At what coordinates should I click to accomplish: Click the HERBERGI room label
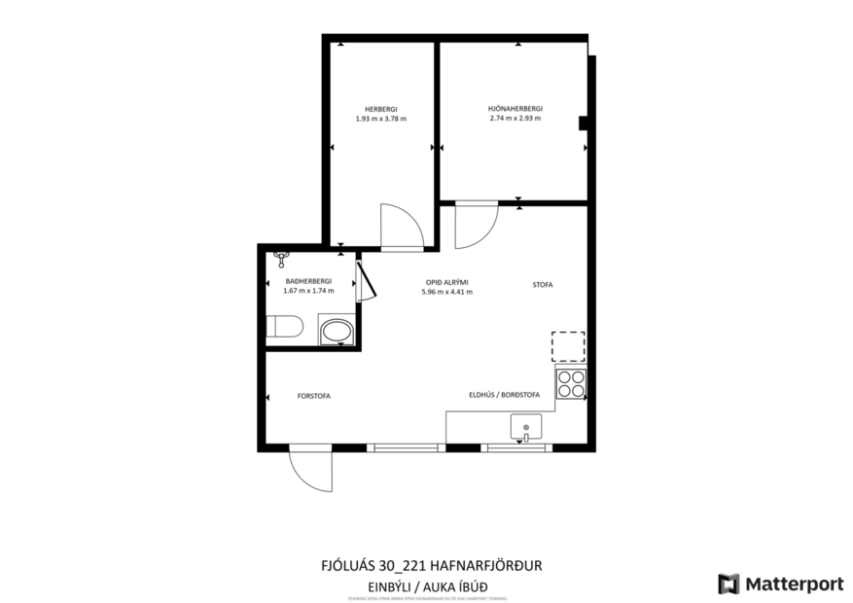click(x=381, y=109)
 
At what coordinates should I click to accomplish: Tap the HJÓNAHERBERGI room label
click(x=515, y=109)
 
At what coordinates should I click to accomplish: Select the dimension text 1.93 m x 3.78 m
click(x=381, y=119)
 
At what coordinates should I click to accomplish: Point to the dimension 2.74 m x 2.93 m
click(x=515, y=119)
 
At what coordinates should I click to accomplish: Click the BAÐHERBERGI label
click(x=308, y=281)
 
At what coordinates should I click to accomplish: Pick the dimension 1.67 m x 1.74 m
click(x=308, y=291)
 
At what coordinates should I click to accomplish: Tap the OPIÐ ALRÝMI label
click(x=446, y=282)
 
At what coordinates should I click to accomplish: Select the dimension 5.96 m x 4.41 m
click(x=446, y=292)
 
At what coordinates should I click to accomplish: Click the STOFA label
click(x=542, y=285)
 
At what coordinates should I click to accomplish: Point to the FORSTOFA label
click(x=314, y=396)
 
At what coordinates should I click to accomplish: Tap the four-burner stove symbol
click(x=571, y=384)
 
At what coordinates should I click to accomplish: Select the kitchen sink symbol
click(x=526, y=426)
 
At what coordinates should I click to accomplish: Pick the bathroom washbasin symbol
click(x=337, y=331)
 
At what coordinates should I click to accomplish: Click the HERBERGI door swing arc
click(x=403, y=226)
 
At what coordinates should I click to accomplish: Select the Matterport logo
click(x=781, y=584)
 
